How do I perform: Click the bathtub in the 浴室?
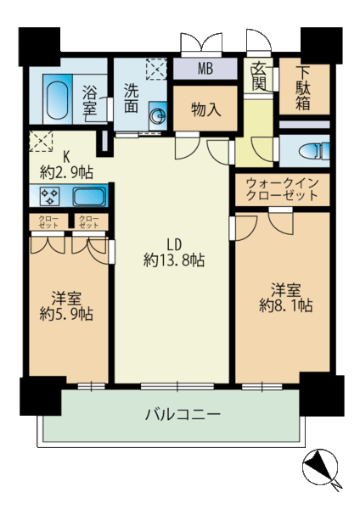[x=57, y=99]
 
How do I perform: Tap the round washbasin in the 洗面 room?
[x=159, y=116]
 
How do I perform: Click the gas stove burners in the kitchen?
[x=49, y=197]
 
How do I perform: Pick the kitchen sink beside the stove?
[x=89, y=197]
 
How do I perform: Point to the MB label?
[x=205, y=69]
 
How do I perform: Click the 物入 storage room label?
[x=206, y=109]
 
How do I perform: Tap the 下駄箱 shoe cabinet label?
[x=303, y=88]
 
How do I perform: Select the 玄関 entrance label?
[x=259, y=76]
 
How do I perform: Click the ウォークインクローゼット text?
[x=282, y=189]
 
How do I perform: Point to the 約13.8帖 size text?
[x=174, y=260]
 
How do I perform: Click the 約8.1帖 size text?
[x=286, y=305]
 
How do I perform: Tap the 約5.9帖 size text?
[x=66, y=314]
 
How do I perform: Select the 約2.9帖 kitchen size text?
[x=66, y=172]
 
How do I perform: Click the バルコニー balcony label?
[x=183, y=415]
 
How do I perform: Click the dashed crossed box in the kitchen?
[x=41, y=141]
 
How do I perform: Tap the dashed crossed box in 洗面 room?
[x=156, y=69]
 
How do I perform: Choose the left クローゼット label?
[x=48, y=221]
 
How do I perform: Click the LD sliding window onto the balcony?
[x=177, y=386]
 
